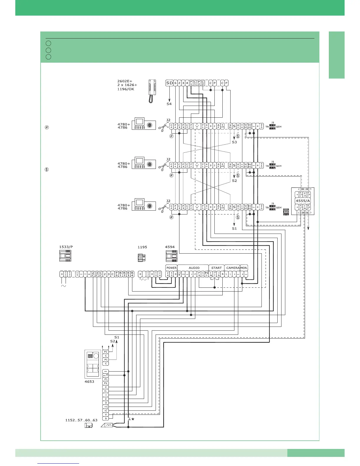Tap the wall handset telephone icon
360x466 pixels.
(152, 91)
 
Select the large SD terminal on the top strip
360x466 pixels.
(169, 83)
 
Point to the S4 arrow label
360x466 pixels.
(169, 104)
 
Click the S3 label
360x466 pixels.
(234, 142)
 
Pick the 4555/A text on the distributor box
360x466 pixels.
(303, 201)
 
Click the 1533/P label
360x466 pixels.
(66, 247)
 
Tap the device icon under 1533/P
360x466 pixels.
(65, 256)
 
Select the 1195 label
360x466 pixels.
(142, 247)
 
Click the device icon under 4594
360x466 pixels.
(171, 256)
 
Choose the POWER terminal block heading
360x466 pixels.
(171, 268)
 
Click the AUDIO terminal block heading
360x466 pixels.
(194, 268)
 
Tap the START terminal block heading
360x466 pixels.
(216, 268)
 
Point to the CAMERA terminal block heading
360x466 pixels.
(233, 268)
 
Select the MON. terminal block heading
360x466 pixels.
(244, 268)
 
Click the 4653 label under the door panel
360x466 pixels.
(89, 382)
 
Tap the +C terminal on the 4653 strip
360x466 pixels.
(106, 407)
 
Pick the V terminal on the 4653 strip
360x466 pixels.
(106, 415)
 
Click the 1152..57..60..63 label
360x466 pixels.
(81, 420)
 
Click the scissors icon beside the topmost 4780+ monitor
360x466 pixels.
(162, 128)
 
